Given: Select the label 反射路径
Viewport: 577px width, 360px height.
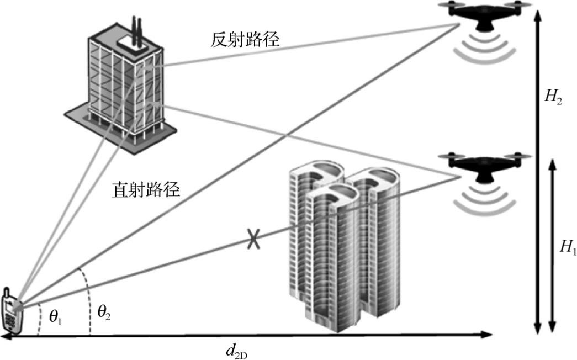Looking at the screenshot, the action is click(x=245, y=40).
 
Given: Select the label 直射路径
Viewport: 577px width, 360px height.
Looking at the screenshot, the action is click(x=146, y=190).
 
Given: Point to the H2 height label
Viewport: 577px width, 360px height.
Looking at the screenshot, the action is click(x=553, y=98).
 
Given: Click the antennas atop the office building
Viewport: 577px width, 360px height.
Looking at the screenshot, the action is click(x=136, y=29).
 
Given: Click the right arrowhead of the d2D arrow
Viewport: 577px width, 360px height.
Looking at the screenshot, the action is click(x=488, y=335).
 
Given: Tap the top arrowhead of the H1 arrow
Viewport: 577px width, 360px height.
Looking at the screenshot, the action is click(x=552, y=165).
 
